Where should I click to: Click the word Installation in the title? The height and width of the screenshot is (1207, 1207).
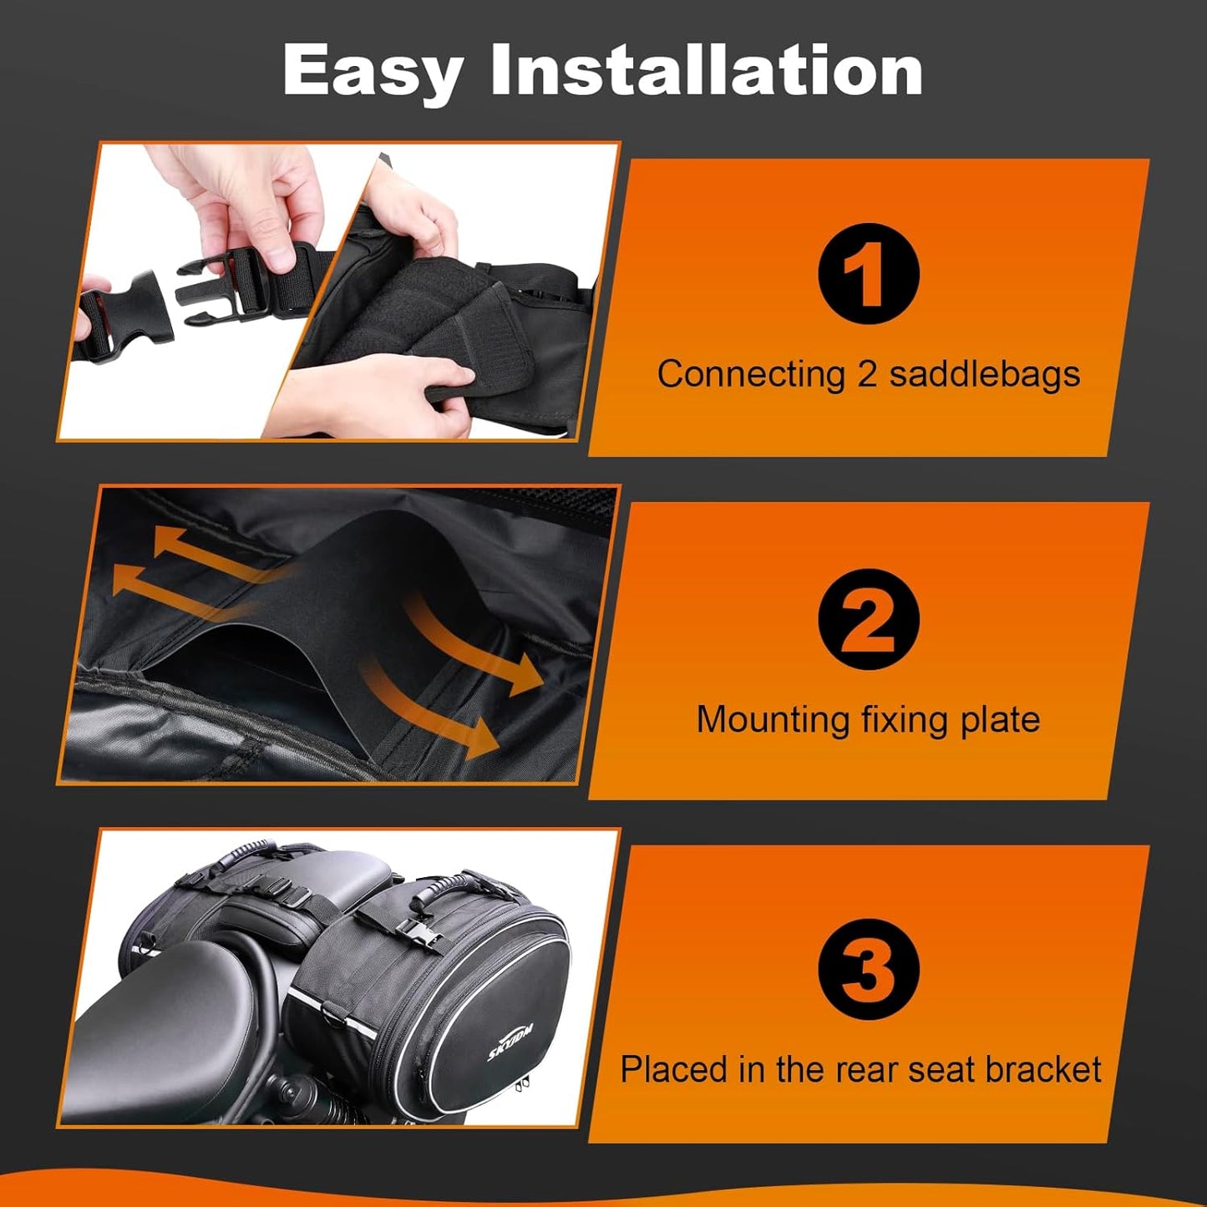pyautogui.click(x=707, y=70)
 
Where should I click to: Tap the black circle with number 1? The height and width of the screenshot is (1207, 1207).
pyautogui.click(x=868, y=273)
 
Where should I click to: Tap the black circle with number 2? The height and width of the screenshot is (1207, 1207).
pyautogui.click(x=868, y=619)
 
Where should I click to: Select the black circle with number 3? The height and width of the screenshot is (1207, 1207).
pyautogui.click(x=868, y=969)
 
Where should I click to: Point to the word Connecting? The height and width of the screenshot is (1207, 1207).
pyautogui.click(x=751, y=375)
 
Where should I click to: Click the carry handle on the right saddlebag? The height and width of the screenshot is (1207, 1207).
pyautogui.click(x=451, y=885)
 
